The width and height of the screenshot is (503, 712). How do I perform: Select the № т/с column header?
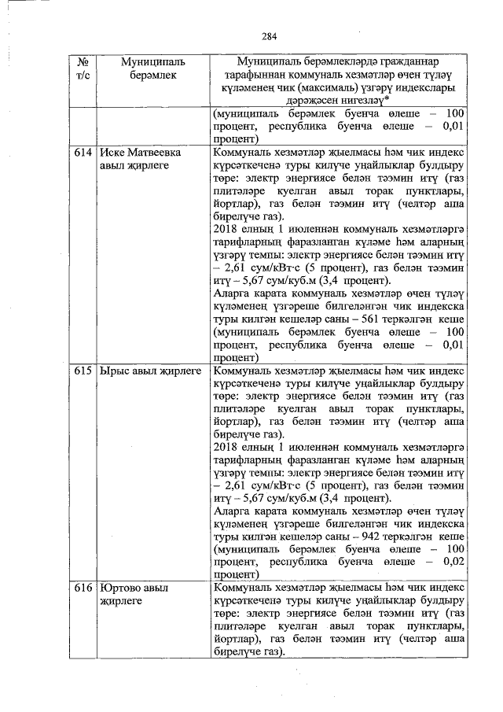tap(83, 68)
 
